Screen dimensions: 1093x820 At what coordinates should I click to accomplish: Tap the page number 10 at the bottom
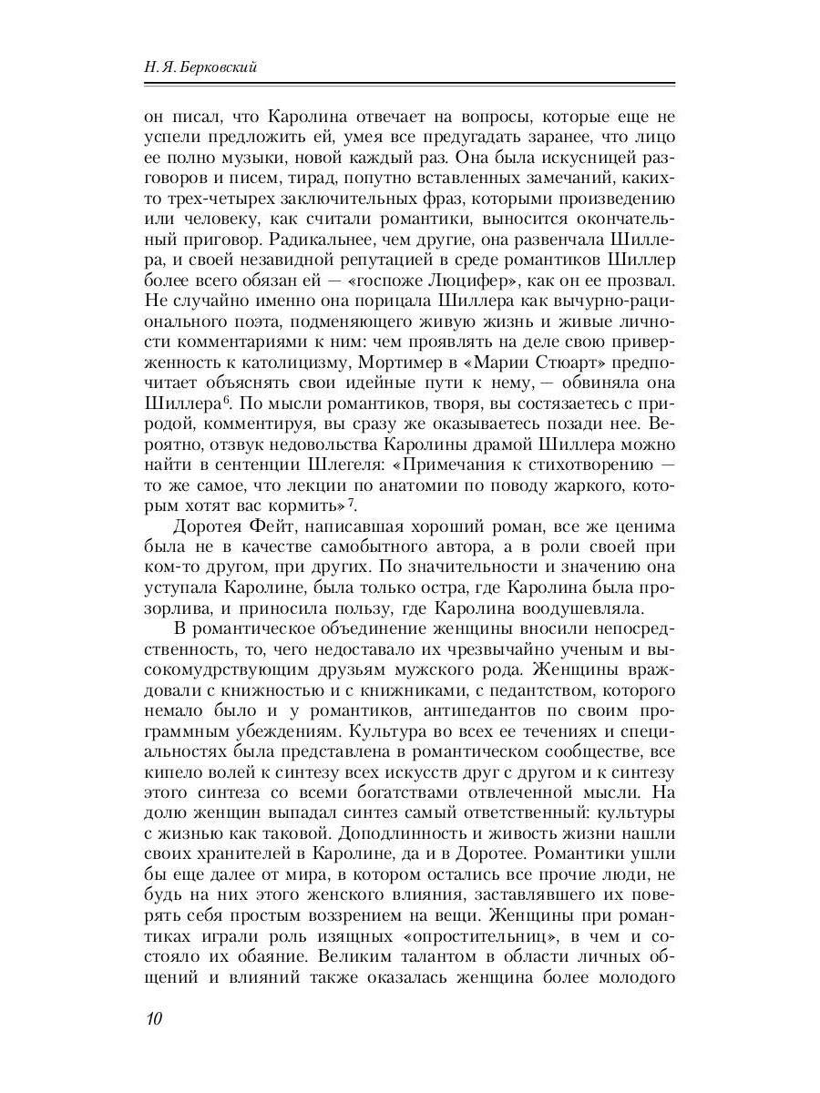point(152,1017)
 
